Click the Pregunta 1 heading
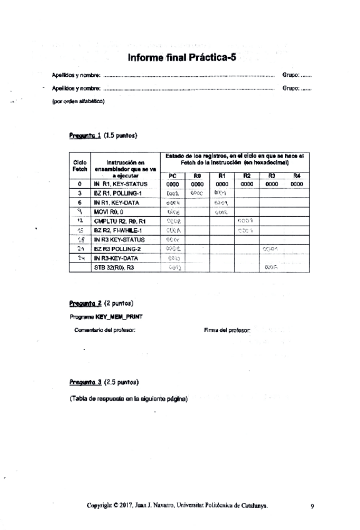(104, 135)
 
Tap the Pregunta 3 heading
(104, 382)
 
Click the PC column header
(173, 176)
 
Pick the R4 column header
(297, 176)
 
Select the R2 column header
(246, 176)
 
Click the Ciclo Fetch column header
(80, 166)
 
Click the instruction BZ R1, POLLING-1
(117, 194)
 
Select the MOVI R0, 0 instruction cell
(110, 212)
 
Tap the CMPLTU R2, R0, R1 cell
(119, 221)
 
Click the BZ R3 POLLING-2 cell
(117, 248)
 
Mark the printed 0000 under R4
(297, 185)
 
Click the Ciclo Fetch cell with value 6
(80, 203)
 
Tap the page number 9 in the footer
(312, 507)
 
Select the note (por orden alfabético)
(77, 101)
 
